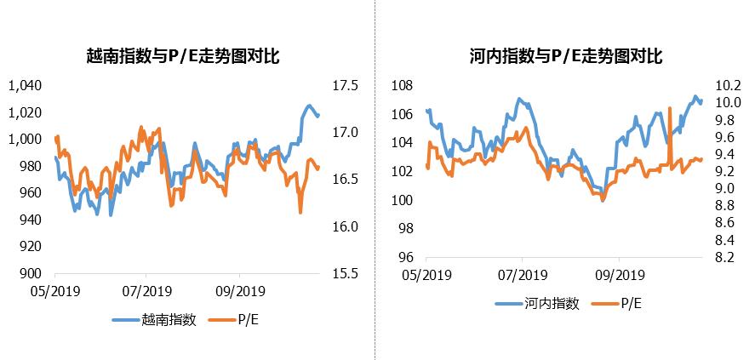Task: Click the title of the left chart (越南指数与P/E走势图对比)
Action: click(183, 57)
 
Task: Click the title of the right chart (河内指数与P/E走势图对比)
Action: click(565, 57)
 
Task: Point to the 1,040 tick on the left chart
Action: click(24, 86)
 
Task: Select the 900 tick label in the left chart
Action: click(30, 274)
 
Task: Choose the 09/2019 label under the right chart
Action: click(619, 276)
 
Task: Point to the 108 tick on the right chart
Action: click(402, 86)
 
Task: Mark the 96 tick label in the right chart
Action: click(405, 258)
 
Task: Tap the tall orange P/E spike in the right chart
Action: click(671, 109)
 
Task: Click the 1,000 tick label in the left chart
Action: click(24, 140)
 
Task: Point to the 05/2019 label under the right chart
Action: click(426, 276)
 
